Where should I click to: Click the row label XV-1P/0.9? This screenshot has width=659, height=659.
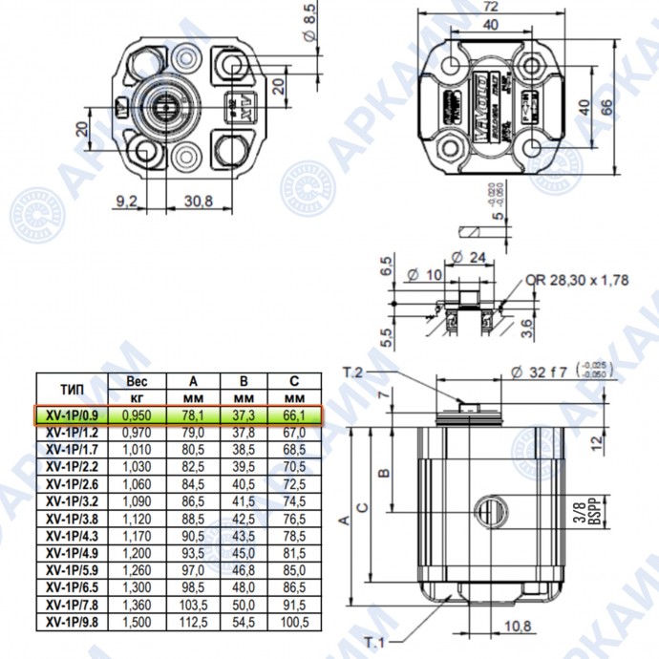pos(73,415)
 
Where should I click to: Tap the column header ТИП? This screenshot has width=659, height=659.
pos(73,388)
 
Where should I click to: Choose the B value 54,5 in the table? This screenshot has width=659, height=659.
pos(244,622)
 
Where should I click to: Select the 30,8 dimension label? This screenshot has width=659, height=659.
pos(198,202)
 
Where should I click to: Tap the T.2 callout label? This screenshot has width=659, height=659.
pos(354,370)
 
